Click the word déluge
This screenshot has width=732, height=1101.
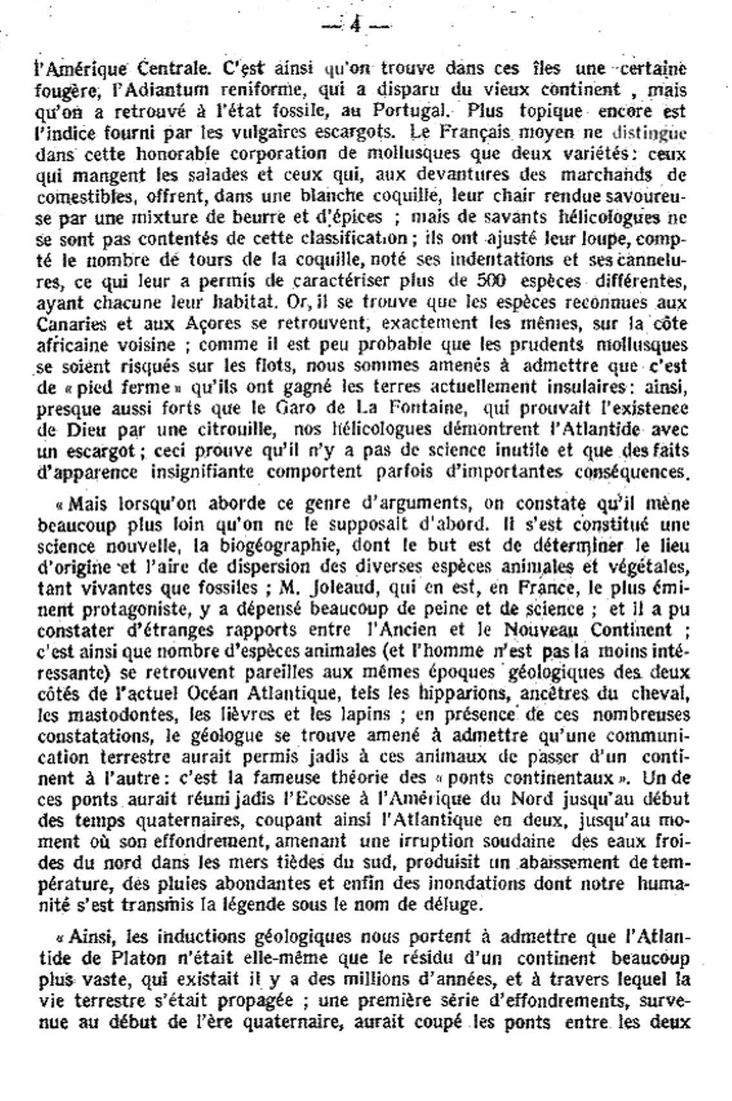coord(453,905)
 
